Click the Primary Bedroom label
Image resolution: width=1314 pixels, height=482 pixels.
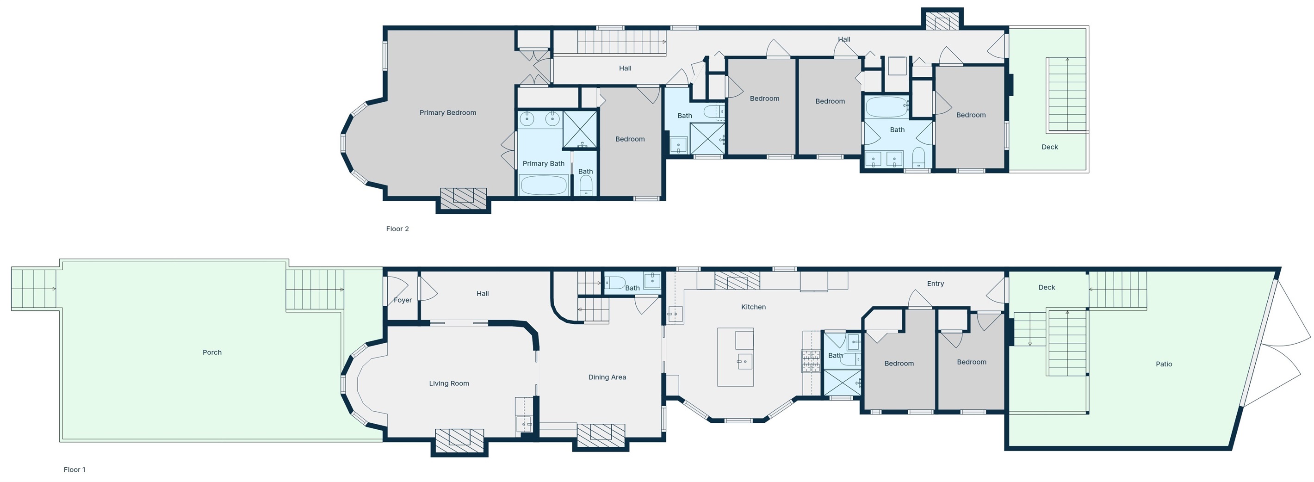click(447, 113)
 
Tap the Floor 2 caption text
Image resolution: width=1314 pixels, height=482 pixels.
click(397, 229)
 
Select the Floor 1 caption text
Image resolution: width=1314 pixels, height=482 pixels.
click(74, 470)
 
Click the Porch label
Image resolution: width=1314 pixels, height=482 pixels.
click(212, 352)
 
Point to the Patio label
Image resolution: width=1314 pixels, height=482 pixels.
click(1164, 364)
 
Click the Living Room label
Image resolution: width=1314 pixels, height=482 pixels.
click(448, 383)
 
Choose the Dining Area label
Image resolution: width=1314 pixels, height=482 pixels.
click(607, 377)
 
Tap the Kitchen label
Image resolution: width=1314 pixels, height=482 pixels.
click(753, 307)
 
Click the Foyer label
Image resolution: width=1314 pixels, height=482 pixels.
click(403, 300)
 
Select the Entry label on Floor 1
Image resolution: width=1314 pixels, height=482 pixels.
click(935, 284)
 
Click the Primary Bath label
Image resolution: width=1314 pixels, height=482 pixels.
click(543, 164)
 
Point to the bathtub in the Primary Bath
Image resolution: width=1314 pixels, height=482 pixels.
click(544, 185)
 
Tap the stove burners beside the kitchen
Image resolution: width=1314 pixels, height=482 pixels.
click(811, 361)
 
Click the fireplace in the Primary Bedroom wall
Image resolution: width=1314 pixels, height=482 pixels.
click(463, 198)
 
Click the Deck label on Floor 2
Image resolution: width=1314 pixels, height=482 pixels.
click(1049, 147)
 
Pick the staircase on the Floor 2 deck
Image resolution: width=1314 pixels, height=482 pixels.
click(1066, 94)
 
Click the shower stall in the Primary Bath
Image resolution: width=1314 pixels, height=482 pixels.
click(580, 130)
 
